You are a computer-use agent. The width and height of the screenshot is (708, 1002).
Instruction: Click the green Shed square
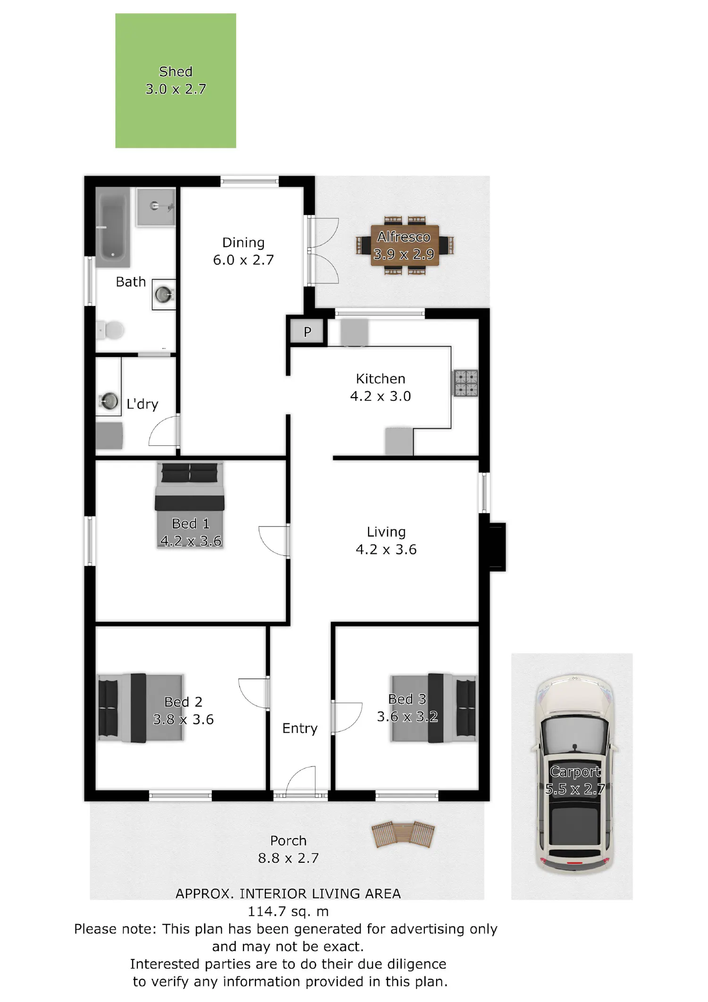176,81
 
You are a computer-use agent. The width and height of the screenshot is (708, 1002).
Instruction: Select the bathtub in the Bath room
113,228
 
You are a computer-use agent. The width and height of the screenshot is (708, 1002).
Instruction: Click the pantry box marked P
307,331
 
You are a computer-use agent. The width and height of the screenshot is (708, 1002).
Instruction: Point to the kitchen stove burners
465,383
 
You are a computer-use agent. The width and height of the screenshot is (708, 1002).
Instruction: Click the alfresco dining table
405,246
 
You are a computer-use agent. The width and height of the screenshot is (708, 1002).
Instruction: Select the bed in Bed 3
433,708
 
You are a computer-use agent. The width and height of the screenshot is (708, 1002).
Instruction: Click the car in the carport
574,774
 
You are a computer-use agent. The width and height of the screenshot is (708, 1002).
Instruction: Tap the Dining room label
244,251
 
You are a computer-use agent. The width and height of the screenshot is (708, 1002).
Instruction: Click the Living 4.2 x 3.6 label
386,541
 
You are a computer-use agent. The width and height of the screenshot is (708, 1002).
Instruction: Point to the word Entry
300,728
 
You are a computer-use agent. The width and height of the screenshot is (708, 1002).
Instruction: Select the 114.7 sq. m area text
288,911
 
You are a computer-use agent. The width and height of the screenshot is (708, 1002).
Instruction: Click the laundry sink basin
110,401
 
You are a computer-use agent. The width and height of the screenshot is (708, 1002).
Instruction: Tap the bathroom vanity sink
164,295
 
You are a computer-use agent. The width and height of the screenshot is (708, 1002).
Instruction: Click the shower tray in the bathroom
156,206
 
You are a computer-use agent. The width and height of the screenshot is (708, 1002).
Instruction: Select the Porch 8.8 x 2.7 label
288,849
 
